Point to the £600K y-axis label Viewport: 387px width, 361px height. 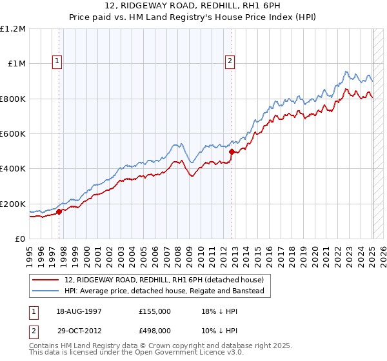tap(13, 133)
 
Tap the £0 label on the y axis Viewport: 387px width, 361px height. tap(21, 239)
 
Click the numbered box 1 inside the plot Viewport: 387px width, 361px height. tap(57, 62)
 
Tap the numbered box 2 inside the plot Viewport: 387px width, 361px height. tap(230, 62)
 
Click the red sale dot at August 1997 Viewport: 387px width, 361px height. tap(59, 211)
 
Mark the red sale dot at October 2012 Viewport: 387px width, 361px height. tap(232, 151)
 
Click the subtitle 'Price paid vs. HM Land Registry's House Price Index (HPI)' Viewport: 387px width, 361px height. tap(193, 17)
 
